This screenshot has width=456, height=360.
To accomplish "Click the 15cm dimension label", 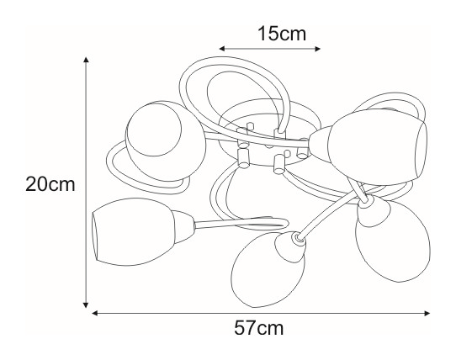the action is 282,34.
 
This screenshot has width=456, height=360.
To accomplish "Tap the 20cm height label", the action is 50,184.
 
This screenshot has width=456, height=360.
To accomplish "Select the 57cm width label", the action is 258,328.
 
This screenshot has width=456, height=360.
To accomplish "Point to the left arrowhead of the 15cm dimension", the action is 222,49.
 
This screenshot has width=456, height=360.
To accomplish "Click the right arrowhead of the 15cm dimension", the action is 317,49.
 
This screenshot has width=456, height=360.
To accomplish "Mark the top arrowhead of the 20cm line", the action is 86,60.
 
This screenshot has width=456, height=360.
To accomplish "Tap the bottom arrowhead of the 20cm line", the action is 86,304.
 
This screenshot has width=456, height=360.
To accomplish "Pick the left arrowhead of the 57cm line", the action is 94,313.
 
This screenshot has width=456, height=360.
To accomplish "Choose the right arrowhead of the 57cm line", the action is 427,313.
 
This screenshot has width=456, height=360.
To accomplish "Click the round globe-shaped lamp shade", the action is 166,140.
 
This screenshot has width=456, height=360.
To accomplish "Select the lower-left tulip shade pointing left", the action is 132,232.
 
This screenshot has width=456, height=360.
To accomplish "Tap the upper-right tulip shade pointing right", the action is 378,147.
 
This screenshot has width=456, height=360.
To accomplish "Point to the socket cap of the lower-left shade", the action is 183,227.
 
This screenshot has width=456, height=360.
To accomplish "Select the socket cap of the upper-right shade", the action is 320,142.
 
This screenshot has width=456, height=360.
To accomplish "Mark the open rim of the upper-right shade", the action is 422,149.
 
